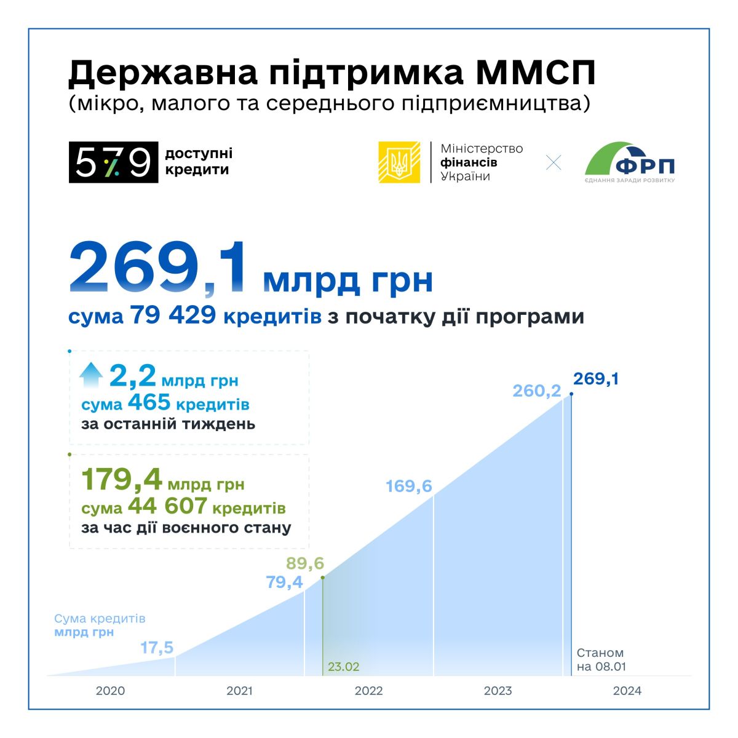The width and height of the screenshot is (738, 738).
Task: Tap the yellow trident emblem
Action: (399, 162)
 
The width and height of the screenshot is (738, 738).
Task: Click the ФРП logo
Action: (630, 162)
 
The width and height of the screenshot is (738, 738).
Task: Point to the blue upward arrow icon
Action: (91, 375)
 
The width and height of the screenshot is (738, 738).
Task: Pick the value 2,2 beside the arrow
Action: (132, 376)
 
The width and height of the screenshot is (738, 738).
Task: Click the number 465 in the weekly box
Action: (149, 403)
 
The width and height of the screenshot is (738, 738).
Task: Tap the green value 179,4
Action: (121, 480)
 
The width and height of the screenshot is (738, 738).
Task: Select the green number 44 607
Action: (167, 507)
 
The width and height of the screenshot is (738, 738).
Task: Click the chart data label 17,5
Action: (157, 648)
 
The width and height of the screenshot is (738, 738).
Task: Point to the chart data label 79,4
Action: (284, 582)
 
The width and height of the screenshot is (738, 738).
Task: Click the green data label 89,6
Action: (305, 563)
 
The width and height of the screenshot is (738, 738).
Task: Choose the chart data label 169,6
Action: (409, 486)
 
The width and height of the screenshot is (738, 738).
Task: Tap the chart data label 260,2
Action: (536, 391)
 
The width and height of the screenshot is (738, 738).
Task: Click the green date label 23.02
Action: (344, 667)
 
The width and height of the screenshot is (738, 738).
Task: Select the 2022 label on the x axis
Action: (368, 691)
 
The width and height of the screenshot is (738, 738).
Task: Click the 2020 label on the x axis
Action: (110, 691)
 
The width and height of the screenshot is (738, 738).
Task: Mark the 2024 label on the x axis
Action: (627, 691)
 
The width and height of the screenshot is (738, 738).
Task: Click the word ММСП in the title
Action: (536, 73)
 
